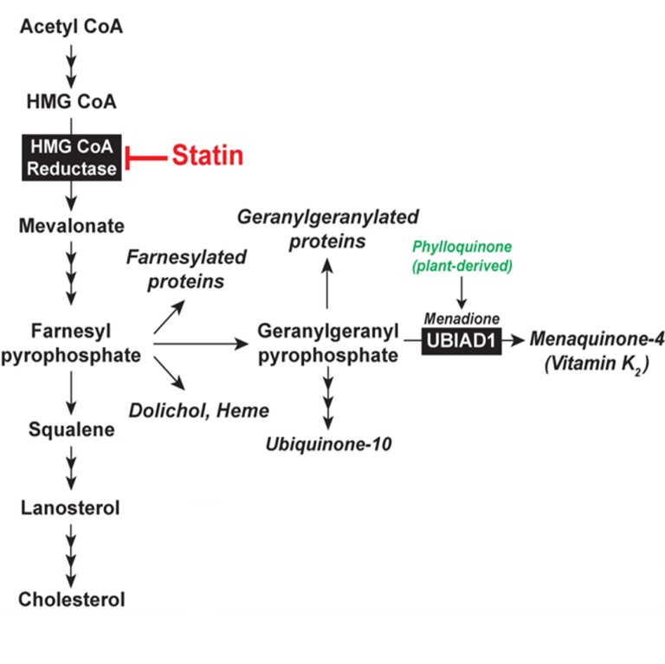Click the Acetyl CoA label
(72, 27)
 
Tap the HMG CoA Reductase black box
(72, 158)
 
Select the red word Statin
(207, 156)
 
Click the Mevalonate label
(72, 226)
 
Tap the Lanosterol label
(71, 507)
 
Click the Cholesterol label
(72, 599)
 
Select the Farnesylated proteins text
(186, 269)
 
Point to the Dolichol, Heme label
(199, 409)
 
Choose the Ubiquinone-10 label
(329, 445)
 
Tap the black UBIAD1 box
(462, 341)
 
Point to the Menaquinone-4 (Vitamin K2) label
(597, 351)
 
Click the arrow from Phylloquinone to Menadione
(462, 293)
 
